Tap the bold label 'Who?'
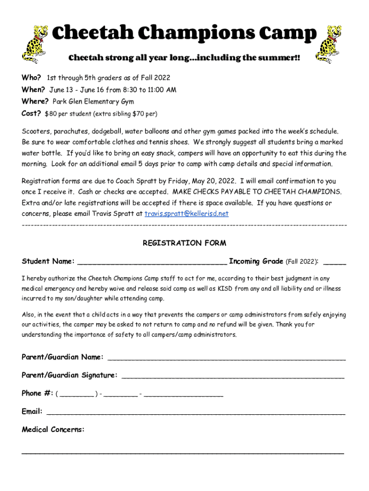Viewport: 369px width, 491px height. [x=31, y=78]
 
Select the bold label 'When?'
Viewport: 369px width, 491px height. [x=33, y=90]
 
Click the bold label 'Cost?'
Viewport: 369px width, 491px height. [x=31, y=114]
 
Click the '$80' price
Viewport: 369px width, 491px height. [x=50, y=114]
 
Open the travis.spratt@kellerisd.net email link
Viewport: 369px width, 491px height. [x=186, y=213]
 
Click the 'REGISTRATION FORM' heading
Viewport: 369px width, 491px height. [x=184, y=243]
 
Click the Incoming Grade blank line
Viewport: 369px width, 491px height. [x=334, y=263]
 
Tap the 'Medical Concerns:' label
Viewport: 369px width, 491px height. [x=53, y=430]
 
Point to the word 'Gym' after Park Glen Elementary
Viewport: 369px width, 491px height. [x=127, y=102]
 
